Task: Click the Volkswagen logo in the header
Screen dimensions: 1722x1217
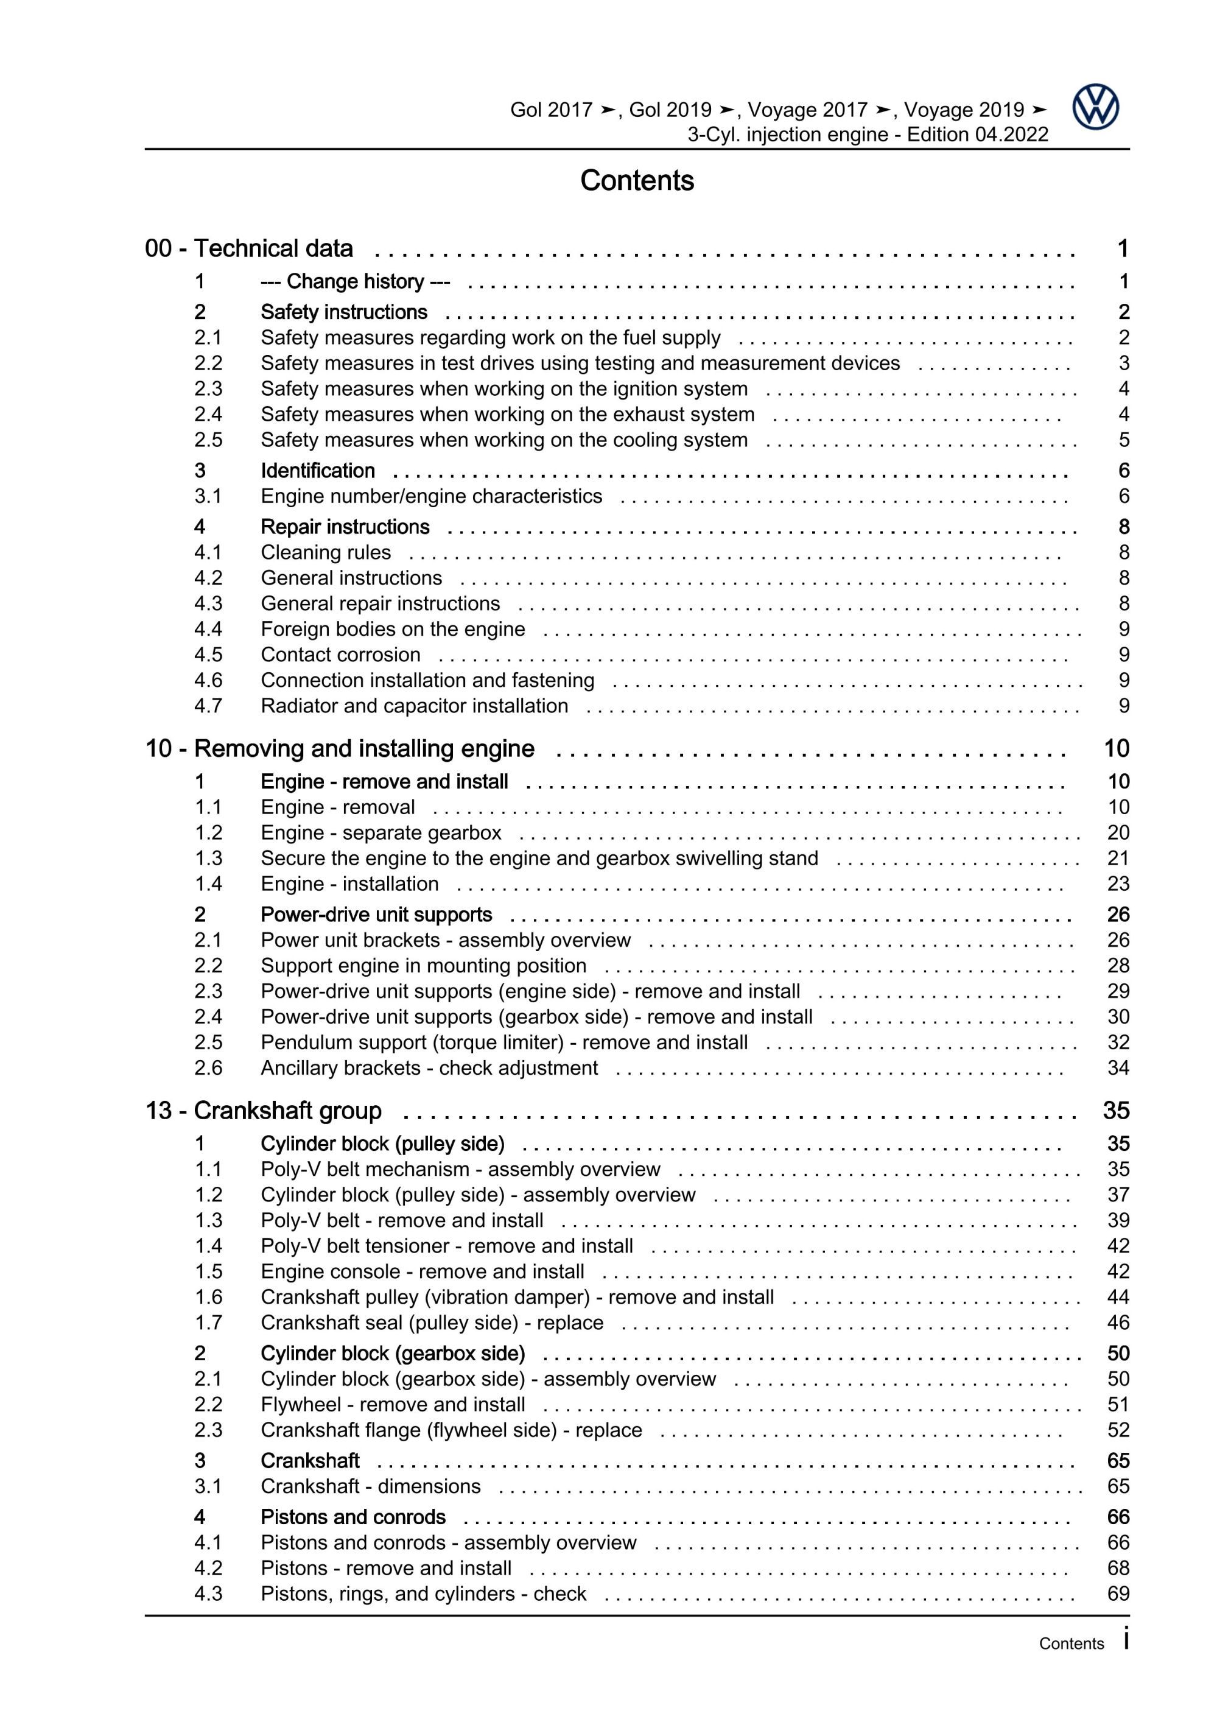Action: [1095, 107]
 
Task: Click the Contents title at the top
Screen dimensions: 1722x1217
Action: [637, 181]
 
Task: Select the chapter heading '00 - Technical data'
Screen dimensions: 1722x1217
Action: [249, 248]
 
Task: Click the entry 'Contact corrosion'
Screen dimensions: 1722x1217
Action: [340, 655]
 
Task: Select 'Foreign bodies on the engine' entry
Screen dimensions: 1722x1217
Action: [393, 629]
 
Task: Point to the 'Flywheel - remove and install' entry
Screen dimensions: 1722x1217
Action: [393, 1404]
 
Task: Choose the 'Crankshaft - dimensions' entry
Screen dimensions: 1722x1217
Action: [370, 1486]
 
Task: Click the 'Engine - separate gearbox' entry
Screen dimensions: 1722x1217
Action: [381, 832]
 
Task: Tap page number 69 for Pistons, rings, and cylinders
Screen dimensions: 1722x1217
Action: [1118, 1594]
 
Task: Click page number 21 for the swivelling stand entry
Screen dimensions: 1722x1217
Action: [1118, 858]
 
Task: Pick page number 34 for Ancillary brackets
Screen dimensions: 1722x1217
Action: [1118, 1067]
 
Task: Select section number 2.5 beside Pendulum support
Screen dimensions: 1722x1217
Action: [208, 1042]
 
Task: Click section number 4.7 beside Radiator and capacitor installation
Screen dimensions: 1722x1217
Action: [208, 706]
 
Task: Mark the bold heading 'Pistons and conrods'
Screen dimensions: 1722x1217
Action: [353, 1517]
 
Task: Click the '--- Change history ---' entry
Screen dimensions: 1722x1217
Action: [355, 281]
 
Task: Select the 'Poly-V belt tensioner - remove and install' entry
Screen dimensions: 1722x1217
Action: [447, 1246]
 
